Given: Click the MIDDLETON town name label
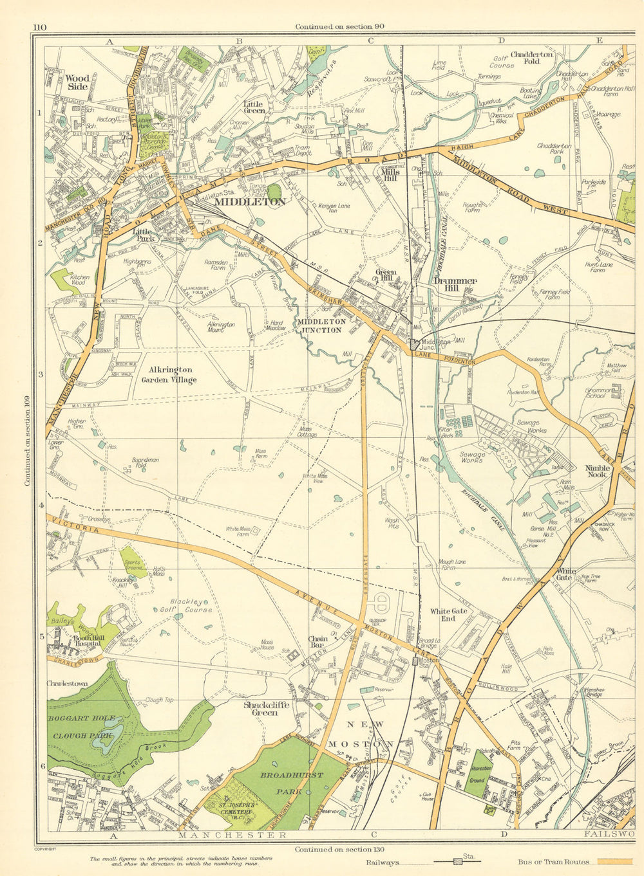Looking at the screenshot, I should [250, 201].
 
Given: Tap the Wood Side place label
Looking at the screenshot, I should [77, 82].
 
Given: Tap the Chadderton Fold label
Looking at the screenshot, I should [532, 59].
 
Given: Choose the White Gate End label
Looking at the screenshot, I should [449, 615].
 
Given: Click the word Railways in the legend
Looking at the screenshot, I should [383, 862].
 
